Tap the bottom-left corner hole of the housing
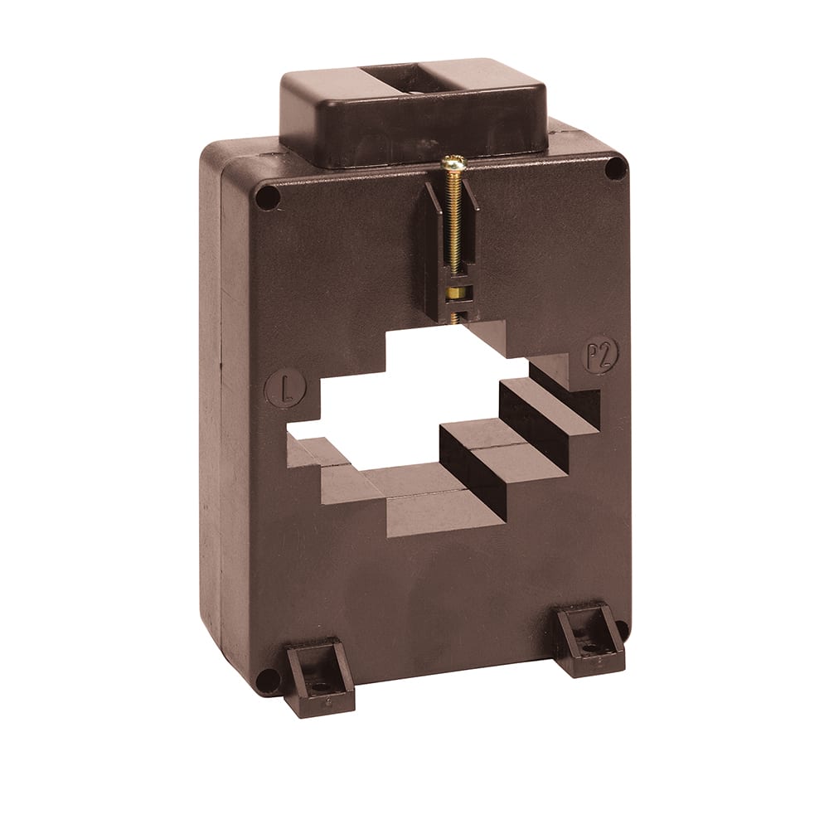click(x=266, y=681)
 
